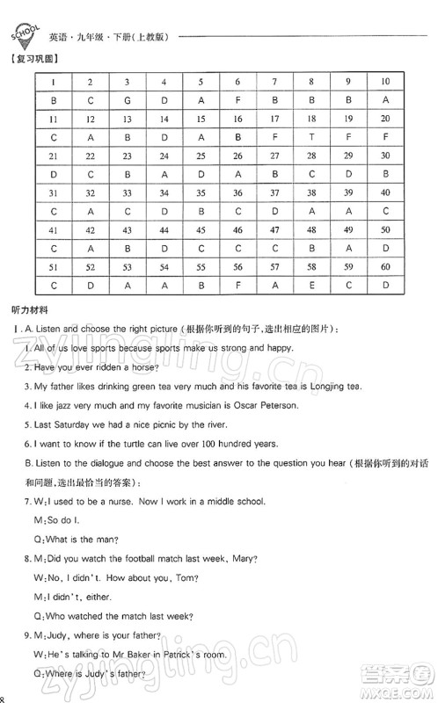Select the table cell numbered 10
pos(385,82)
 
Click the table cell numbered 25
pos(201,156)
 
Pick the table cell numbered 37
pos(275,193)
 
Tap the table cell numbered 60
pos(385,267)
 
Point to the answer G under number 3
pos(128,100)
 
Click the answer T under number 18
pos(312,137)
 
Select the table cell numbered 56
pos(238,267)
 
